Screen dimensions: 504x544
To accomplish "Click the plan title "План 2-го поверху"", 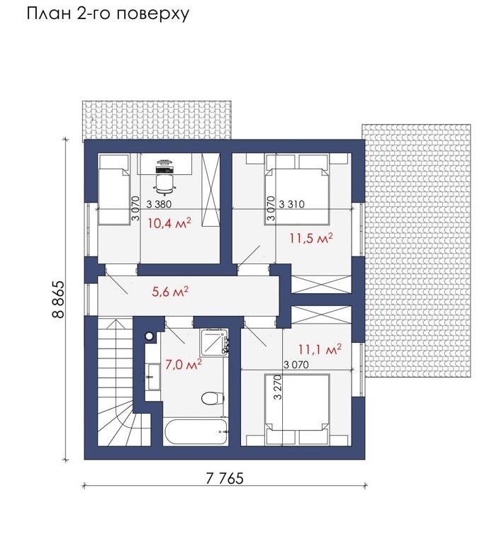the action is point(108,13).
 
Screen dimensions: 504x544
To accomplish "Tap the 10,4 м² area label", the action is point(169,222).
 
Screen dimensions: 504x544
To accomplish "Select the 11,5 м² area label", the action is point(311,238).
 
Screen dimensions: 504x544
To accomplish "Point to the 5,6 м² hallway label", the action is point(170,292).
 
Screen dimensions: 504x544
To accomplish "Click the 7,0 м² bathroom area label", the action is point(184,365).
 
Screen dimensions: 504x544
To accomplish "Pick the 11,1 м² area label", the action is point(320,349).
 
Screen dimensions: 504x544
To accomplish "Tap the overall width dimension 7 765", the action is point(225,479).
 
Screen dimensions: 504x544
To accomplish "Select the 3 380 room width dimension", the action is point(159,204).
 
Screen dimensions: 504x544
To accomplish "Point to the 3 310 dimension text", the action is point(291,204).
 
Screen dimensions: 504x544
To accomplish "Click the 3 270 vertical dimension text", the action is point(278,387).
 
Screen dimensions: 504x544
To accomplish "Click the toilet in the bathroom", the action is point(212,398).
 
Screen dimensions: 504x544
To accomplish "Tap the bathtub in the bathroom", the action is point(196,431).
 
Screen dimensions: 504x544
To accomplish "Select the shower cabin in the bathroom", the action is point(214,341).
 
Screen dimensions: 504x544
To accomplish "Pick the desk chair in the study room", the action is point(164,183).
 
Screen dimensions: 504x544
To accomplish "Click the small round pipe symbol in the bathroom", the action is point(150,336).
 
